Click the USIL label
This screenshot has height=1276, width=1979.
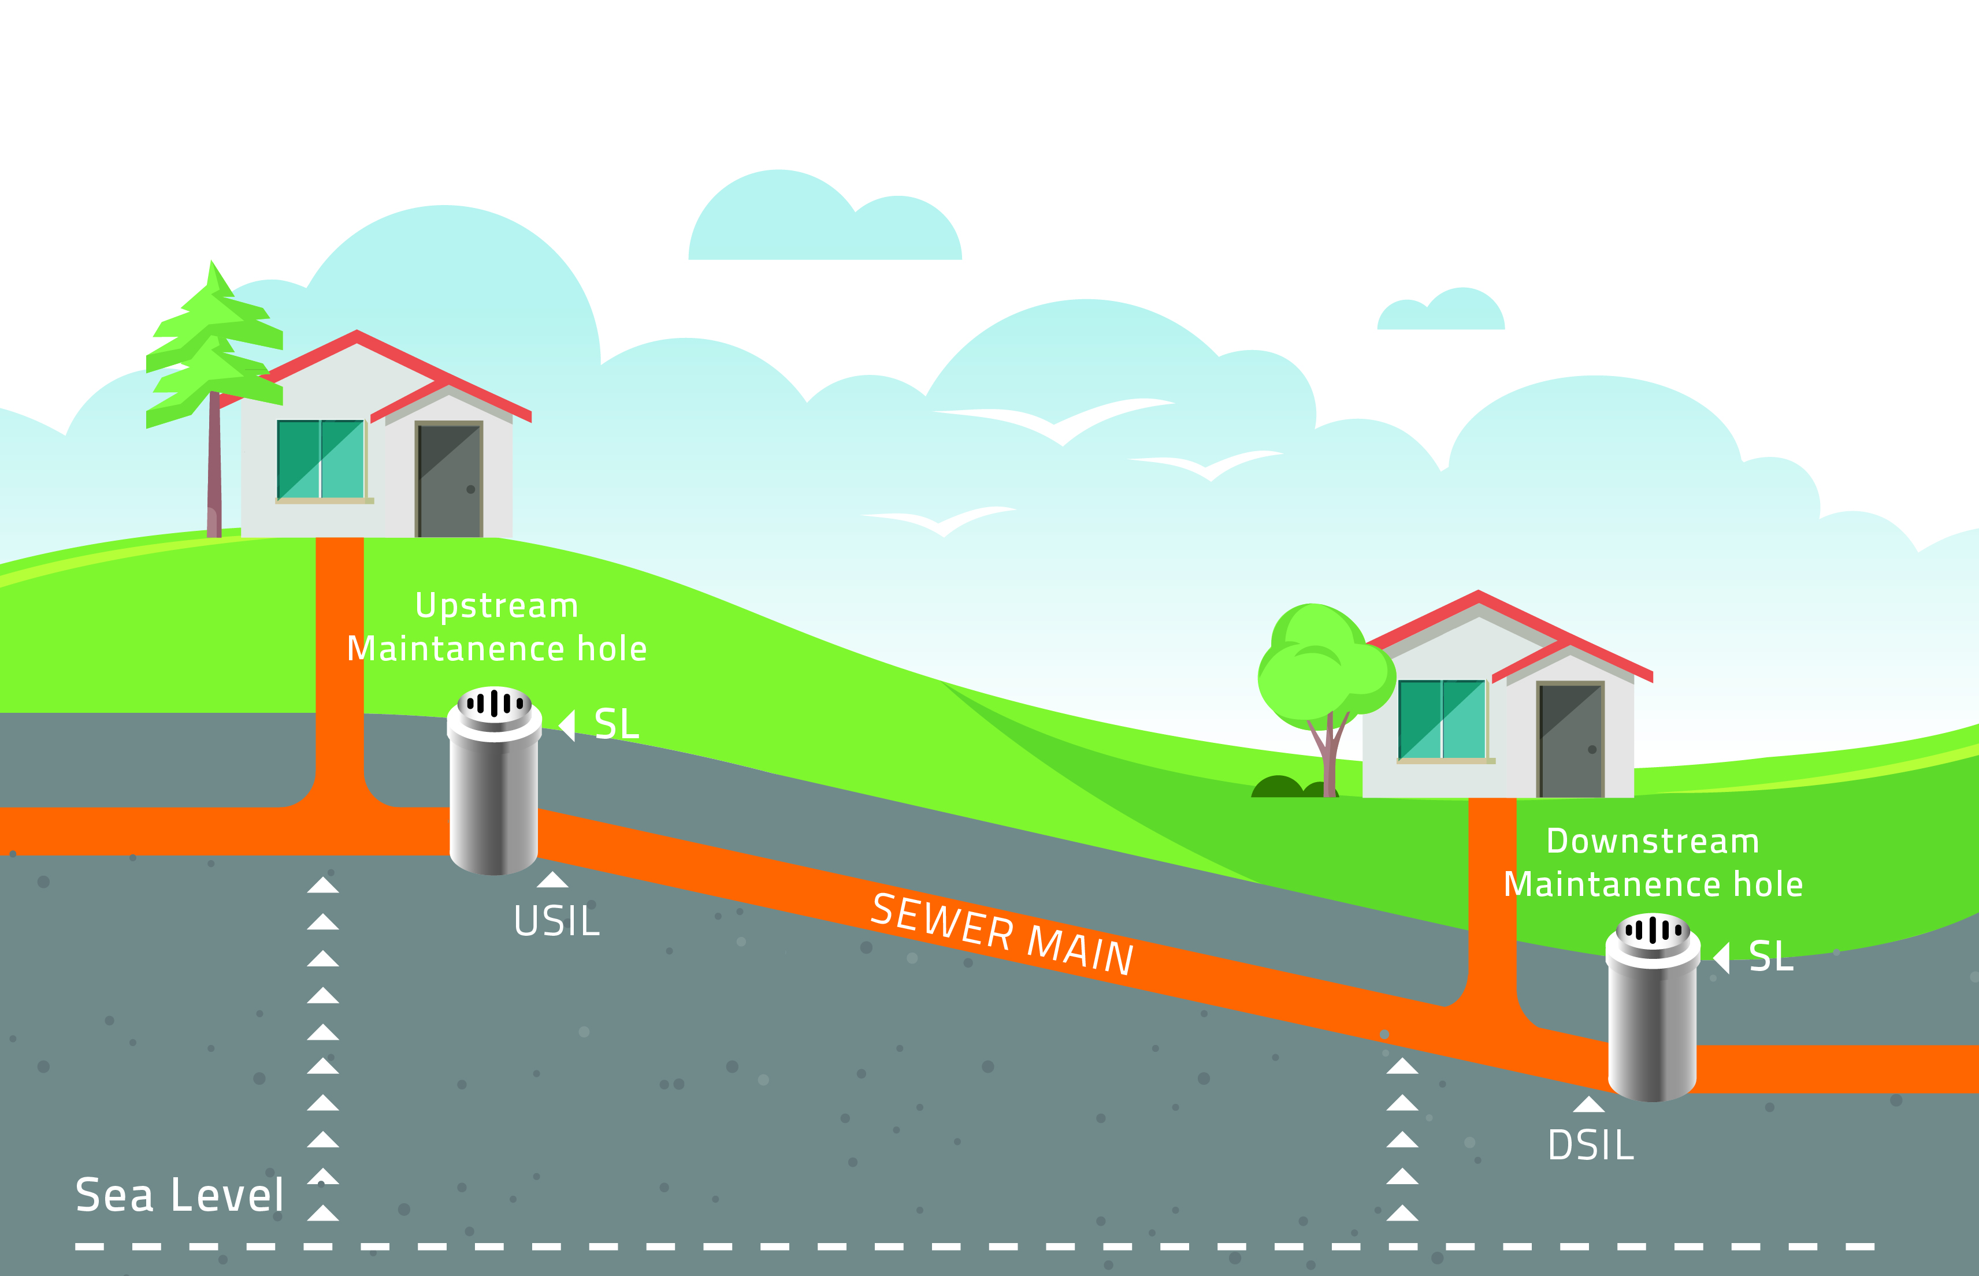[x=556, y=921]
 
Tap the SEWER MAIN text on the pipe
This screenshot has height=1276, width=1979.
[x=1002, y=935]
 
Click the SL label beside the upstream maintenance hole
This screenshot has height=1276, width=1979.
[x=617, y=725]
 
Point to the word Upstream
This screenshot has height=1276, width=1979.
[x=496, y=606]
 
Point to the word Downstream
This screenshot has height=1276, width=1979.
[x=1653, y=842]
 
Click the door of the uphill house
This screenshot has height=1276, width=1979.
[x=449, y=481]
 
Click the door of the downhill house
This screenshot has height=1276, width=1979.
[x=1570, y=740]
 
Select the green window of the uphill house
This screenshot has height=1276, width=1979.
[x=321, y=460]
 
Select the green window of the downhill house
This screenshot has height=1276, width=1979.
[x=1442, y=719]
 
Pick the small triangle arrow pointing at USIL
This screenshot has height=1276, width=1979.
[x=553, y=880]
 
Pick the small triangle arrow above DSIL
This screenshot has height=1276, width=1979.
[x=1588, y=1104]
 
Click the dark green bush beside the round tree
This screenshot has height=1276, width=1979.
[x=1277, y=787]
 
